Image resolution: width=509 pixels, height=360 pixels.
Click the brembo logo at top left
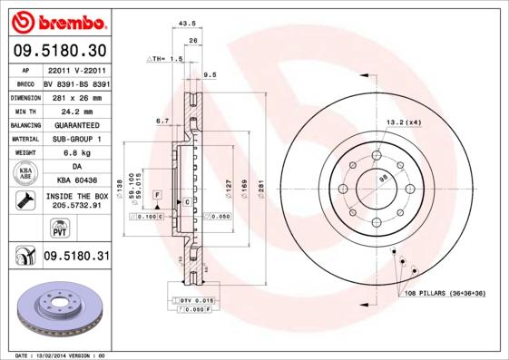57,20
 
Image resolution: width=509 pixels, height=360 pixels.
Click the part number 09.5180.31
75,257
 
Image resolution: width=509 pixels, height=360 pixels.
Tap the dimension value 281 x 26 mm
75,95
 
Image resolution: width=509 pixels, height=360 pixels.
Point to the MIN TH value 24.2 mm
75,110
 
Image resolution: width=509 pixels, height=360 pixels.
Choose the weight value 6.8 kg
75,153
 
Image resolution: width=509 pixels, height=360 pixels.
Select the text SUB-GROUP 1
75,139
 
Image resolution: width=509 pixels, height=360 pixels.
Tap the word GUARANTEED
75,124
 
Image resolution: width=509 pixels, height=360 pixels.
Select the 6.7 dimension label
162,120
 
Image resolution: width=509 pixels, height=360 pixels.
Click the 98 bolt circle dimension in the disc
383,180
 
